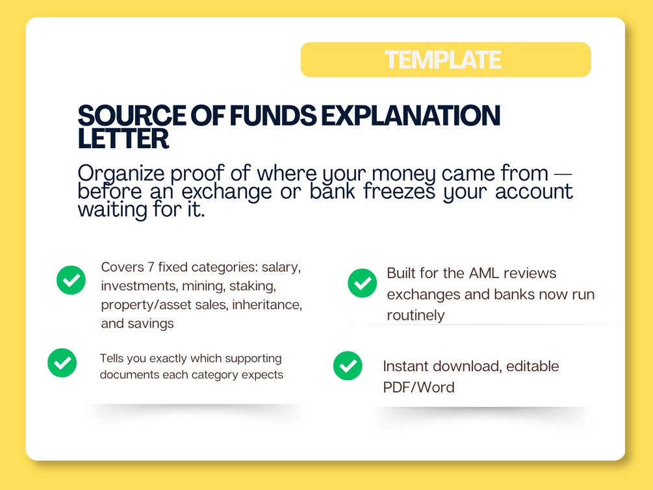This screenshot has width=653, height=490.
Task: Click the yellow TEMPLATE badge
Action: [446, 60]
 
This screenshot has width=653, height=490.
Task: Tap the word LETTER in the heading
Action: [123, 139]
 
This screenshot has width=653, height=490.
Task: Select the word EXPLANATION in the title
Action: [410, 116]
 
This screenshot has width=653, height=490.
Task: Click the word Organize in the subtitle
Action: [121, 174]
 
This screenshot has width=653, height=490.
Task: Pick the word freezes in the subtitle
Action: [399, 192]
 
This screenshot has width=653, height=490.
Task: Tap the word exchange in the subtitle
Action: [227, 192]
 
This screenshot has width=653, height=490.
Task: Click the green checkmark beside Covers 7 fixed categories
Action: [71, 280]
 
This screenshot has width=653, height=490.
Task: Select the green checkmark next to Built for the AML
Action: [363, 283]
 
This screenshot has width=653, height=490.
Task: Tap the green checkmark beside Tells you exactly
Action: [62, 363]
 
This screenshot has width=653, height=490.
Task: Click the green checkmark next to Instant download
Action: [348, 366]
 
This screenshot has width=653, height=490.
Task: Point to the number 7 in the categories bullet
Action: [151, 267]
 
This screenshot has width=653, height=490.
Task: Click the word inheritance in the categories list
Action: [267, 305]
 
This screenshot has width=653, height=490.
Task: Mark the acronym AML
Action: [484, 273]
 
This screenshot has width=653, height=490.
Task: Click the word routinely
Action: [416, 315]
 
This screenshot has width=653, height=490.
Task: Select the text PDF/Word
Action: [418, 387]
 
